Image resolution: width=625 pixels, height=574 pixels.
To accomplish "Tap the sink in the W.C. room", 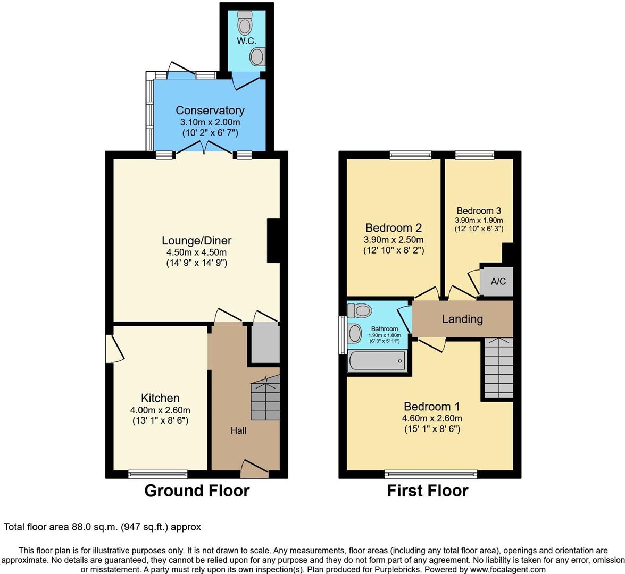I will coord(257,56).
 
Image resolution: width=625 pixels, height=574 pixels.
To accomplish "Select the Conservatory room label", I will coord(210,111).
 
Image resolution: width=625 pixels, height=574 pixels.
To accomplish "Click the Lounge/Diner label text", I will coord(197,241).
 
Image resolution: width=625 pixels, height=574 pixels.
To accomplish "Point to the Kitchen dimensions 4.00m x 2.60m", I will coord(160,410).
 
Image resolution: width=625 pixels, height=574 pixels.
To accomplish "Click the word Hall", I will coord(238,430).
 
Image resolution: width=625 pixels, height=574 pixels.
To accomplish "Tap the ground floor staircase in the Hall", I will coord(265,398).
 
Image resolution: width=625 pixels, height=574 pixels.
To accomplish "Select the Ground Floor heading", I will coord(197,491).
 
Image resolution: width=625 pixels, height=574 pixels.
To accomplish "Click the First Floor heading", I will coord(428,491).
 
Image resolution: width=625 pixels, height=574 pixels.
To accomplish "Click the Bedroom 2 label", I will coord(394,228).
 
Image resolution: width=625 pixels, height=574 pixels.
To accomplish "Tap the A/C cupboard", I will coord(498,282).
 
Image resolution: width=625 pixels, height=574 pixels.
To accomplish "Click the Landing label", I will coord(462,319).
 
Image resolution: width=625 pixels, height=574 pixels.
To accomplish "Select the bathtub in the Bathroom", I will coord(377,361).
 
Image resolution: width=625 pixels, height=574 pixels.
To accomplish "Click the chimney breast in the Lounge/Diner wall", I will coord(273,241).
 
